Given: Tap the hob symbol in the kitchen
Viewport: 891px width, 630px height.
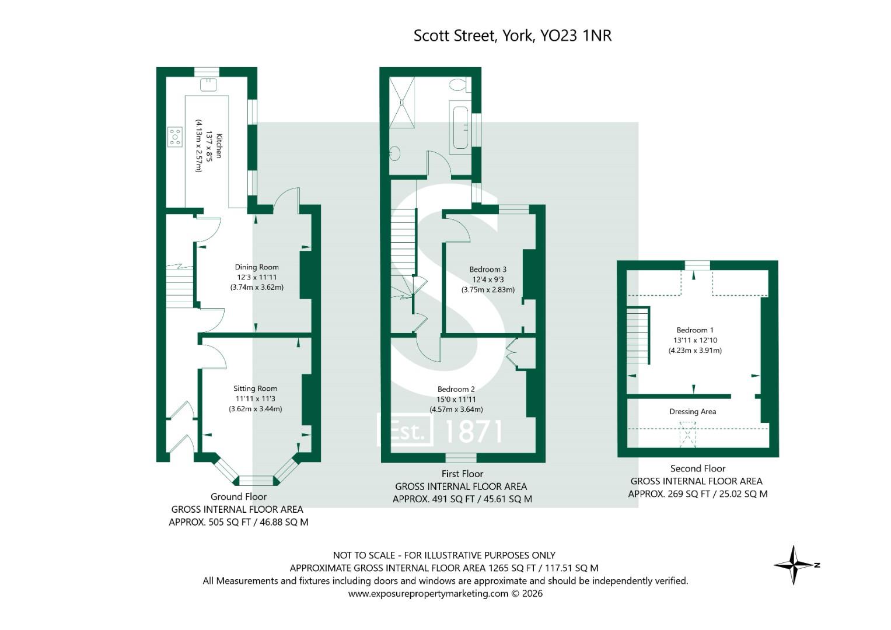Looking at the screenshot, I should tap(175, 136).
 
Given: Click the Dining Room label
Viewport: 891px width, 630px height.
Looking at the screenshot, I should tap(257, 267).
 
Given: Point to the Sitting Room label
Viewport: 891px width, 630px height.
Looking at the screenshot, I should tap(255, 388).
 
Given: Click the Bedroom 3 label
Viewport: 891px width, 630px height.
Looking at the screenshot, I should tap(488, 269).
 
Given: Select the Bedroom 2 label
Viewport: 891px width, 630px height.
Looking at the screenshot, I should tap(456, 389).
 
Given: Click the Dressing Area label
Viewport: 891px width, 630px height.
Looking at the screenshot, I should tap(693, 412).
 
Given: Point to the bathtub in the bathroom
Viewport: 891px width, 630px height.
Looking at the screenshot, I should tap(459, 127).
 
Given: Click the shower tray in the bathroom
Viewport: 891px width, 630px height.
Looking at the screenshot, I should tap(402, 103).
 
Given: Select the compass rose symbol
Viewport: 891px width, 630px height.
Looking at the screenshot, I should tap(794, 565).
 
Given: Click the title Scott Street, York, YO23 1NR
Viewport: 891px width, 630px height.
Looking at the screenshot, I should tap(512, 36).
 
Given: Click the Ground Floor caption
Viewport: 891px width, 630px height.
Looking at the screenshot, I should tap(238, 497).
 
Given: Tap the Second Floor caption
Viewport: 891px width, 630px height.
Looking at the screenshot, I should tap(697, 468).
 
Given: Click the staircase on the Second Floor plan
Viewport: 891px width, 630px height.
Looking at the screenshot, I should tap(638, 335).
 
